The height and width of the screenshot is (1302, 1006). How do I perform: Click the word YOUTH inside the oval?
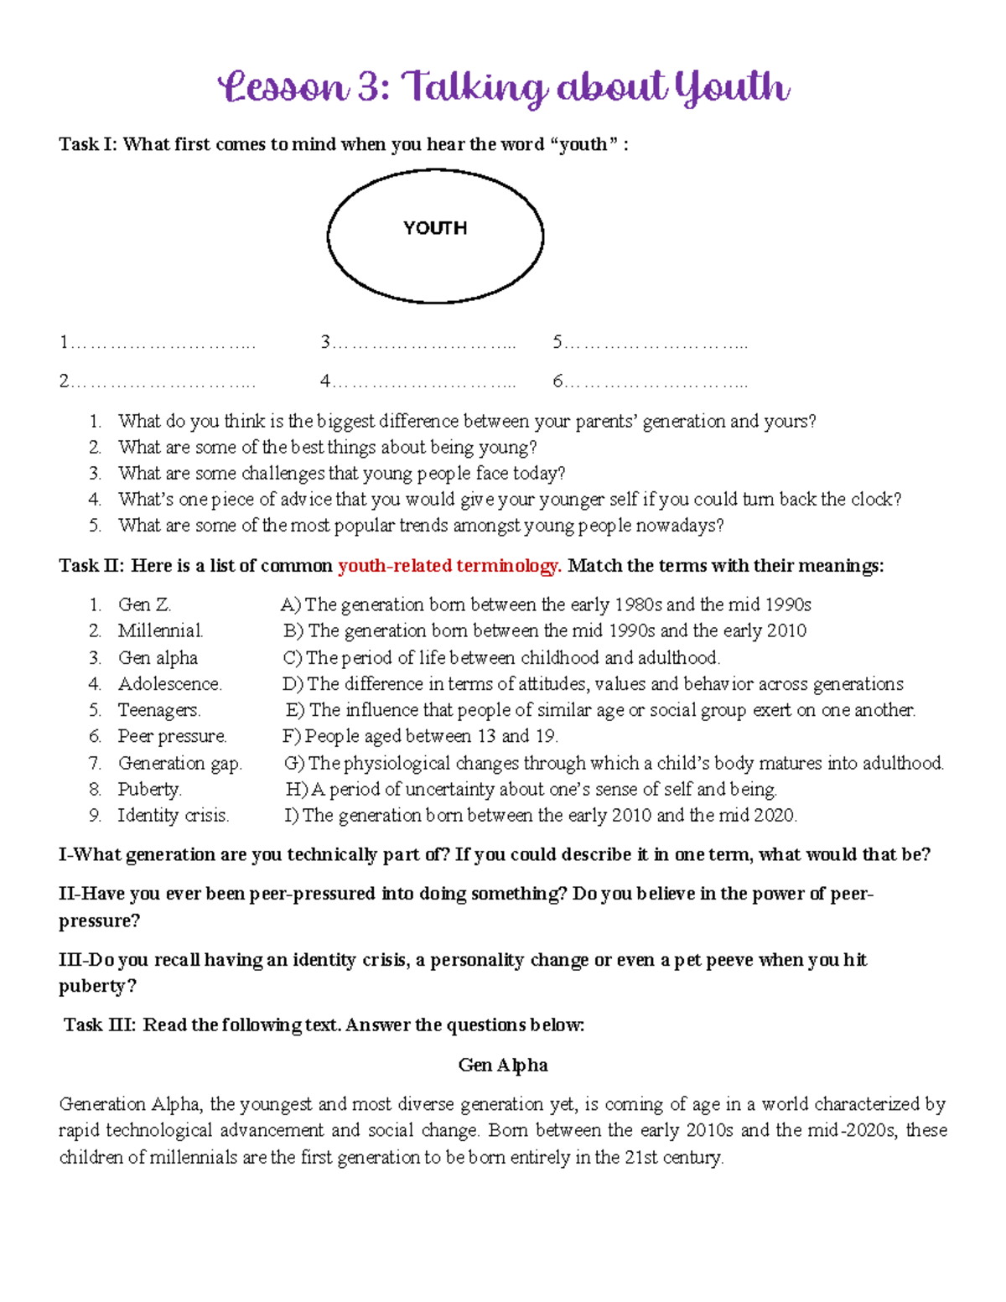434,228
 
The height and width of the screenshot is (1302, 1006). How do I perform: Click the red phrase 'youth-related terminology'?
449,566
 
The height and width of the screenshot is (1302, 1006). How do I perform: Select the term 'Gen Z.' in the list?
144,604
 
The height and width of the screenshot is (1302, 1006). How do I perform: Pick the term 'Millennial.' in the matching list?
160,630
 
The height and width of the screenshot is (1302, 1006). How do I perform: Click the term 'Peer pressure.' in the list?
172,736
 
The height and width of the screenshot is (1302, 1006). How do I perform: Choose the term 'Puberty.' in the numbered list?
149,789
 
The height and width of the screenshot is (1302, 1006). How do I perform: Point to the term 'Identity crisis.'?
173,815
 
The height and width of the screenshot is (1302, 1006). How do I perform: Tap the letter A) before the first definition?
290,604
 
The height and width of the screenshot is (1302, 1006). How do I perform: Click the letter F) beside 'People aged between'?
292,736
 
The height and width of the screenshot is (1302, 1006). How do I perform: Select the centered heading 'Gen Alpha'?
503,1065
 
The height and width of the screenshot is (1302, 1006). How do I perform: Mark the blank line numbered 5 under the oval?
650,342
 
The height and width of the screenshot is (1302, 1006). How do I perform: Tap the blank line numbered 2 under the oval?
158,381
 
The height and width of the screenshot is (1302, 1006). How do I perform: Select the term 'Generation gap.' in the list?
179,763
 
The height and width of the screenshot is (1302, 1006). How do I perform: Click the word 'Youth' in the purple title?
731,88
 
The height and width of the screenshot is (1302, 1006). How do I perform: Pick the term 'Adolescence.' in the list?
169,684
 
